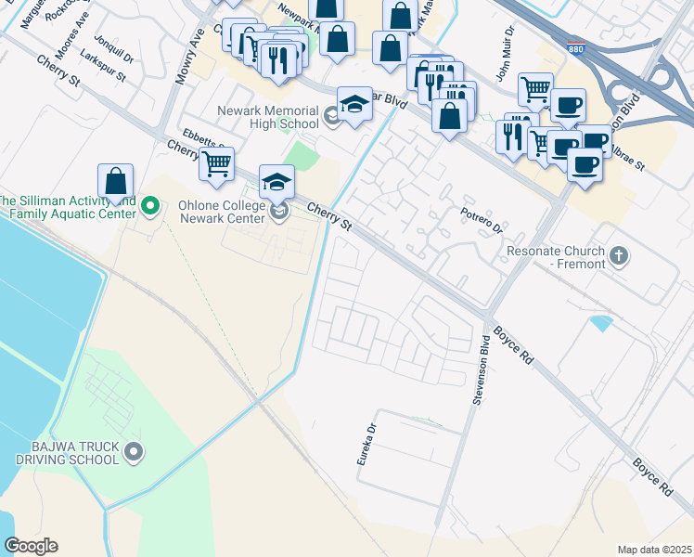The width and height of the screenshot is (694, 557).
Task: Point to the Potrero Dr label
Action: [x=482, y=221]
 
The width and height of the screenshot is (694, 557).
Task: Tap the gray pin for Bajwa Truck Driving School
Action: [x=134, y=452]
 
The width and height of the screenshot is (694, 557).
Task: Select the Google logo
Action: [x=31, y=546]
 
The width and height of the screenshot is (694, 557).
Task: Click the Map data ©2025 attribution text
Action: [x=654, y=550]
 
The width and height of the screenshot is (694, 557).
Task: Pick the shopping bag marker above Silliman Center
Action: [x=115, y=181]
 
